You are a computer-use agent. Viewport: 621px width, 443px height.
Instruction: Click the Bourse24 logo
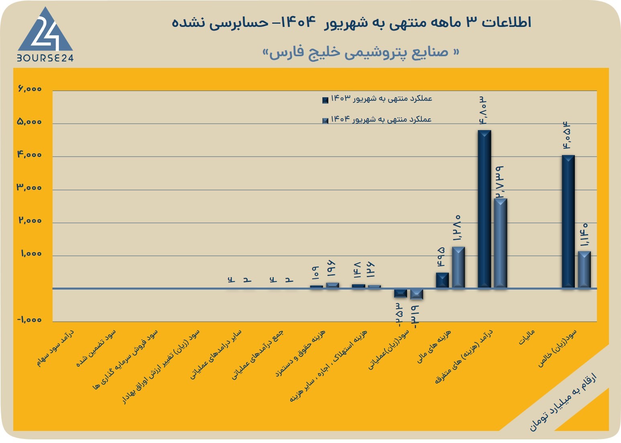(45, 34)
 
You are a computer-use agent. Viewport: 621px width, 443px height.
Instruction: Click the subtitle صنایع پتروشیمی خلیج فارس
(361, 52)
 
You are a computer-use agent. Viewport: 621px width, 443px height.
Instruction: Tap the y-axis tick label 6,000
(30, 89)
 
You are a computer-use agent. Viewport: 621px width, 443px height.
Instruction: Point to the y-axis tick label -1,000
(29, 320)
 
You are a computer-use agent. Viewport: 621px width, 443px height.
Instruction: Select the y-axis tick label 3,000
(29, 188)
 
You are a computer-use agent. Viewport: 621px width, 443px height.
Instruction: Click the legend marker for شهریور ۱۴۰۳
(325, 100)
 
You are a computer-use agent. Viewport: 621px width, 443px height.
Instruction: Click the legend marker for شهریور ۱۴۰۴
(325, 120)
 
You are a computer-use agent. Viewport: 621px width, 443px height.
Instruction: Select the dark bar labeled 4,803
(485, 209)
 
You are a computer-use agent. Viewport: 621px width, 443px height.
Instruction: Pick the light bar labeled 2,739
(501, 243)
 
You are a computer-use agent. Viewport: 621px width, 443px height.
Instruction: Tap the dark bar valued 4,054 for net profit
(568, 221)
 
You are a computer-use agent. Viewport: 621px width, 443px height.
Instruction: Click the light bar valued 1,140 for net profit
(584, 269)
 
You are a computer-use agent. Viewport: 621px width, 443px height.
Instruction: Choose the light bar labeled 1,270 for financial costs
(458, 267)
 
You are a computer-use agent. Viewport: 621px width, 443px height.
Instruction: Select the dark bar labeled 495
(442, 280)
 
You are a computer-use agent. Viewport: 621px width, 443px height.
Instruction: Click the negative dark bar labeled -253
(401, 293)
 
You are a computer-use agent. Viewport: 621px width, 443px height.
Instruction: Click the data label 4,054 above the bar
(566, 135)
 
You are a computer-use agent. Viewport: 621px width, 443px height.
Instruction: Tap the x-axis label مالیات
(526, 337)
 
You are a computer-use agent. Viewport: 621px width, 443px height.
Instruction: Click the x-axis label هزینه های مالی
(434, 346)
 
